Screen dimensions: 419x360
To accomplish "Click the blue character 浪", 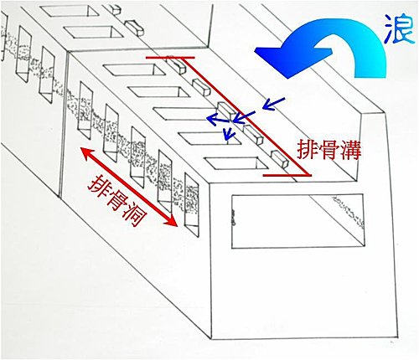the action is [x=399, y=28].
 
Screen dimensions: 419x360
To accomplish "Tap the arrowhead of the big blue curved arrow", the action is [x=275, y=59].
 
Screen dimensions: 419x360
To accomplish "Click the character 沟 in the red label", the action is [x=350, y=150].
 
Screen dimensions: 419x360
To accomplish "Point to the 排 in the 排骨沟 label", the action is [x=308, y=150].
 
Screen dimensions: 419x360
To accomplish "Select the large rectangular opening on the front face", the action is [x=298, y=221].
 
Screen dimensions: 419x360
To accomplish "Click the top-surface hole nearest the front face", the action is [x=235, y=163].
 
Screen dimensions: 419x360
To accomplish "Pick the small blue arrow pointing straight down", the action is [x=229, y=133].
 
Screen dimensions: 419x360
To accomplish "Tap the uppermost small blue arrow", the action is [x=274, y=104].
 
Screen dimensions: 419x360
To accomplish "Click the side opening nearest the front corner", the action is [x=191, y=204].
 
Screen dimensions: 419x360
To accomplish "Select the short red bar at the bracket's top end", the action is [x=170, y=58].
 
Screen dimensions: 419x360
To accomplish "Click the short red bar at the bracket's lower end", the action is [x=287, y=175].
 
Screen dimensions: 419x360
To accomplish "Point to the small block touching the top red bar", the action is [x=175, y=65].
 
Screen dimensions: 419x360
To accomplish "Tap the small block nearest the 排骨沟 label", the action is [x=280, y=158].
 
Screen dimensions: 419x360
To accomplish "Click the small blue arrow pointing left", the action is [x=219, y=120].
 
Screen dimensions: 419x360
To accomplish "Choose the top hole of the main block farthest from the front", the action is [x=135, y=69].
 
